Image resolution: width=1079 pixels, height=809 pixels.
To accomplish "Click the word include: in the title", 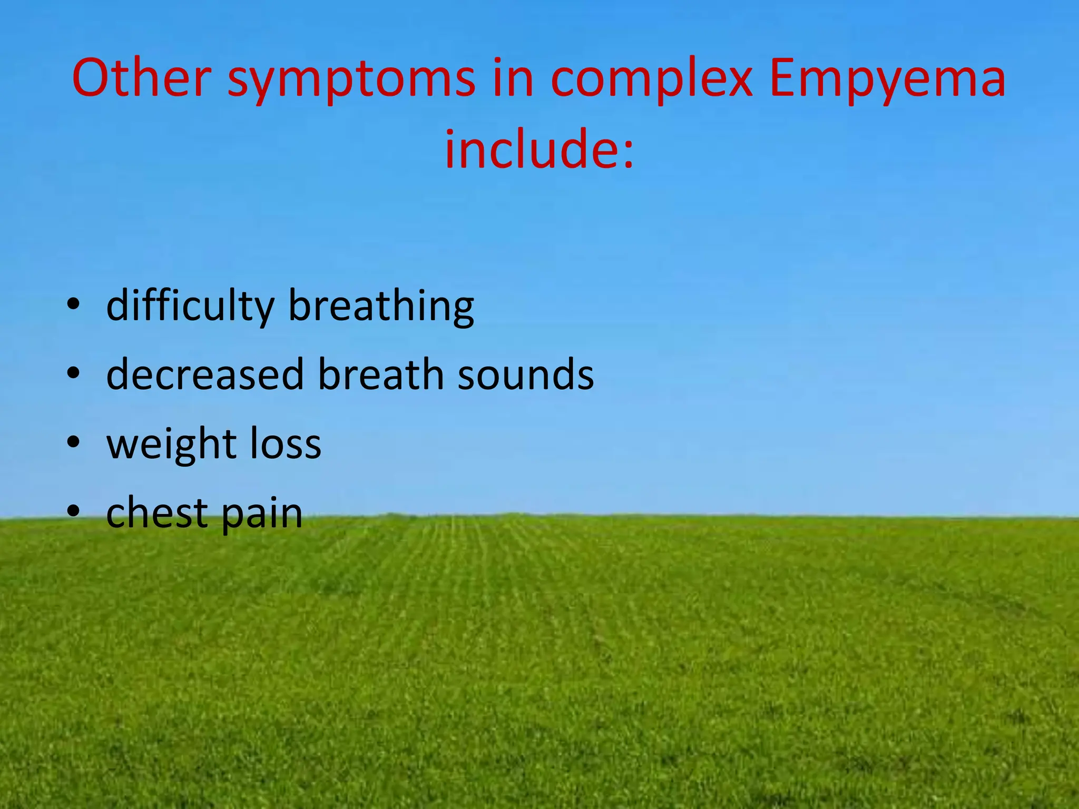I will click(x=539, y=150).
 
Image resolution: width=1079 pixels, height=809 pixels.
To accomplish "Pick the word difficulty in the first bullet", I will click(x=190, y=307).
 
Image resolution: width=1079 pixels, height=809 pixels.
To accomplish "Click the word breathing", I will click(x=381, y=307).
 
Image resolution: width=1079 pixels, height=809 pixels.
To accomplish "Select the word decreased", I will click(x=205, y=374).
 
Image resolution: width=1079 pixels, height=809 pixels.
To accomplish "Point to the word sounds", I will click(x=525, y=374).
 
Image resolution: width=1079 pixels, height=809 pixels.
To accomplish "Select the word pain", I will click(x=262, y=514).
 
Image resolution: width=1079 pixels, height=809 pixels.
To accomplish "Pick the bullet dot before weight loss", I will click(x=73, y=442).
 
